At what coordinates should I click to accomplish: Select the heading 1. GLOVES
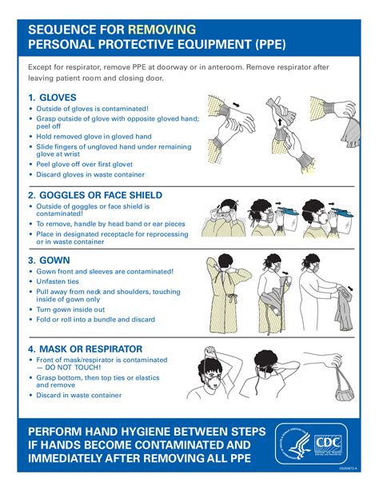52,98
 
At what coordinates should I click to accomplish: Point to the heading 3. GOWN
49,260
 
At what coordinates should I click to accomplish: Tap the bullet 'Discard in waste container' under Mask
79,394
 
